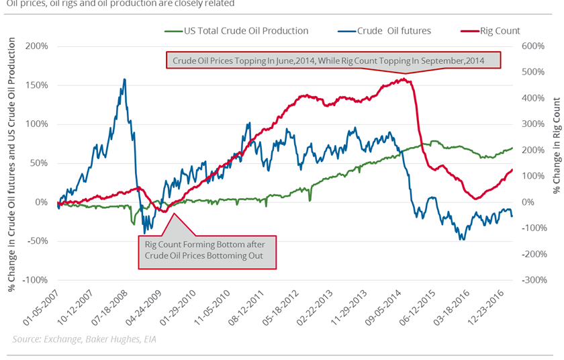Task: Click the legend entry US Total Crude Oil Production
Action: (244, 31)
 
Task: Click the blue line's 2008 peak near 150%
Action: (124, 79)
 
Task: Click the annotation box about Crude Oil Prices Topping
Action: (334, 60)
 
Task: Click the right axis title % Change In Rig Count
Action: (556, 144)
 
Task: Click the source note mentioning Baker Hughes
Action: (79, 339)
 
